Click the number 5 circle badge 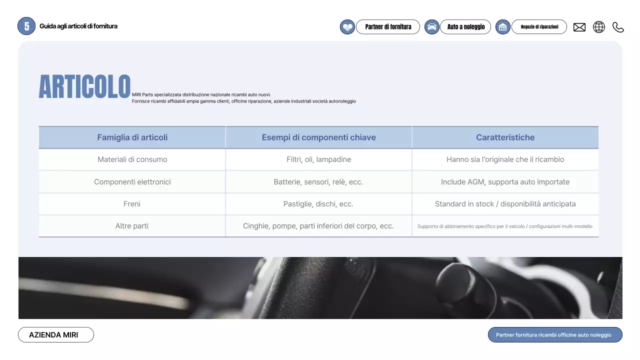pyautogui.click(x=26, y=26)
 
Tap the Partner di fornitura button pyautogui.click(x=388, y=27)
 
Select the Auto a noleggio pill pyautogui.click(x=465, y=27)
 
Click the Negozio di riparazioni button pyautogui.click(x=539, y=27)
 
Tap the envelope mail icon pyautogui.click(x=579, y=27)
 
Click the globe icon pyautogui.click(x=598, y=27)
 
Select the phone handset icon pyautogui.click(x=618, y=27)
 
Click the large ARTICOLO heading pyautogui.click(x=84, y=87)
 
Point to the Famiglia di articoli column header pyautogui.click(x=132, y=137)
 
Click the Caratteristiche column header pyautogui.click(x=505, y=137)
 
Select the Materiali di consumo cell pyautogui.click(x=132, y=159)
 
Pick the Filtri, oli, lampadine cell pyautogui.click(x=318, y=159)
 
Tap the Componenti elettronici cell pyautogui.click(x=132, y=182)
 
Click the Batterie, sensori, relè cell pyautogui.click(x=318, y=182)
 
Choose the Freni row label pyautogui.click(x=132, y=204)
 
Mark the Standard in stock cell pyautogui.click(x=505, y=204)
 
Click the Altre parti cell pyautogui.click(x=132, y=226)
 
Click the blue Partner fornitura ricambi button pyautogui.click(x=555, y=335)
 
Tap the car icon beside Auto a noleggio pyautogui.click(x=431, y=27)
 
